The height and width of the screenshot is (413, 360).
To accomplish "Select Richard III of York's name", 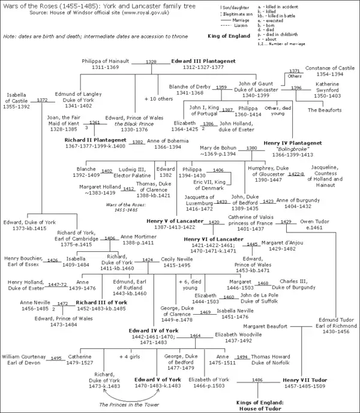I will click(x=93, y=303).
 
